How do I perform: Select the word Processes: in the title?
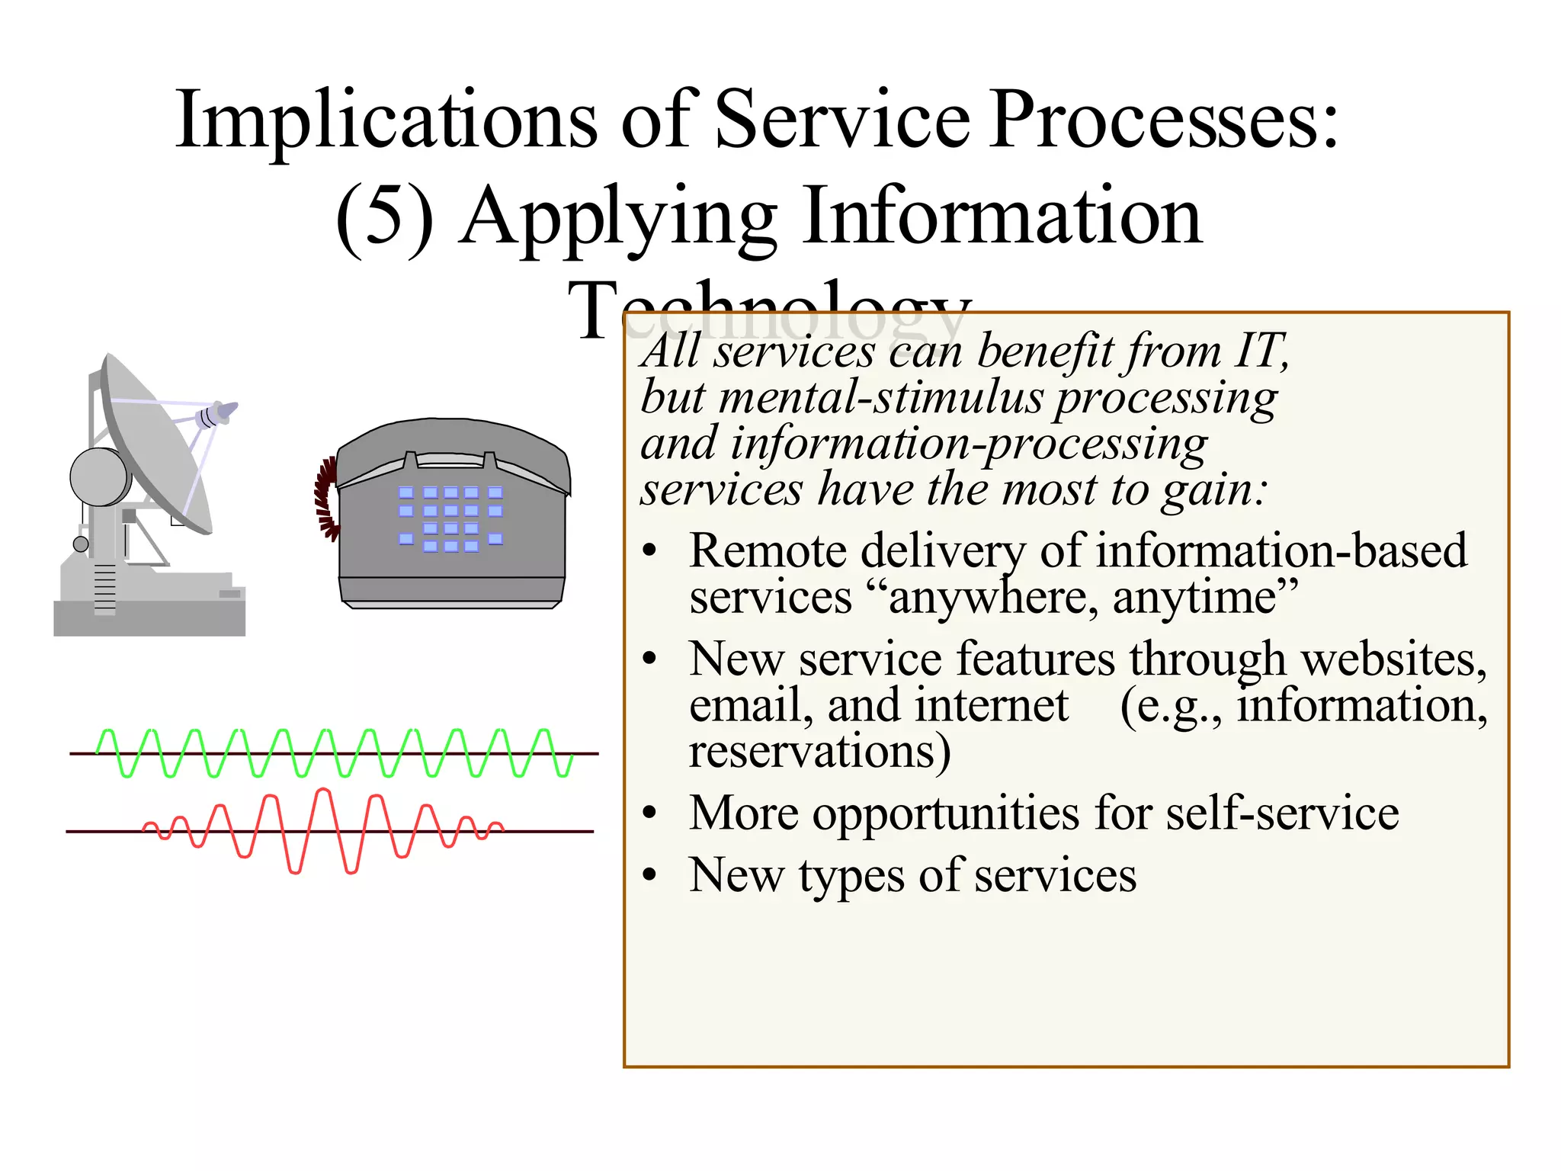click(1164, 120)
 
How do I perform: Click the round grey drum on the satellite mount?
click(100, 476)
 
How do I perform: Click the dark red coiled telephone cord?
click(326, 499)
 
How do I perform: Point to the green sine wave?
click(335, 752)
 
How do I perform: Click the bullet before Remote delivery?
click(649, 551)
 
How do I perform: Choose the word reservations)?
click(819, 752)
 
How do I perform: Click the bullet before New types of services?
click(649, 875)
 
